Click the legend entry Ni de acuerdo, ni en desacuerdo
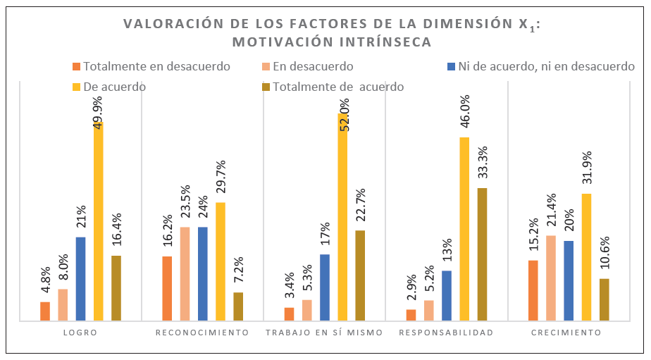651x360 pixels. pos(546,67)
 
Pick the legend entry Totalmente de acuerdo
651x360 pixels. pos(338,87)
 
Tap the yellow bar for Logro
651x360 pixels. pos(98,221)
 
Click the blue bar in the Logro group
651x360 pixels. pos(80,279)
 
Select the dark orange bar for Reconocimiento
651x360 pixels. pos(167,288)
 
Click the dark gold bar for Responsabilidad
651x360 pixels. pos(482,254)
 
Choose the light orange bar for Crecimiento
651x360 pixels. pos(551,278)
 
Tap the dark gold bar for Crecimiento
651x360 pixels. pos(604,299)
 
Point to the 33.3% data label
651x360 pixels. pos(483,163)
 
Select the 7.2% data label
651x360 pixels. pos(239,271)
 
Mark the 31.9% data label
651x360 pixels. pos(586,170)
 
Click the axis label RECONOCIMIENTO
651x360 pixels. pos(203,333)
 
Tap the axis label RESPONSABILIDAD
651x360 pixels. pos(447,333)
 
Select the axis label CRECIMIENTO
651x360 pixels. pos(568,333)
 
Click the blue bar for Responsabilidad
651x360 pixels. pos(447,296)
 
